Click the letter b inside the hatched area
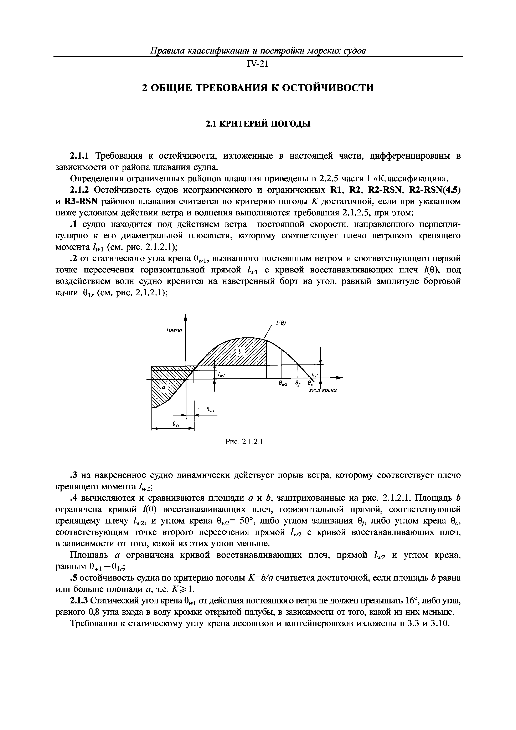click(x=240, y=352)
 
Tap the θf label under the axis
click(x=298, y=384)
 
